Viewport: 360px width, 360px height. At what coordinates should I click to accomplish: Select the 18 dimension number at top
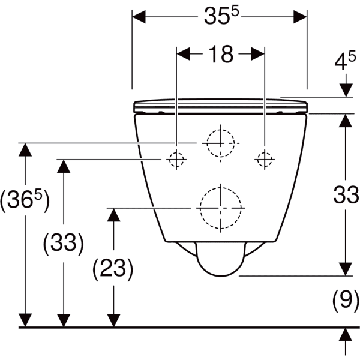[220, 54]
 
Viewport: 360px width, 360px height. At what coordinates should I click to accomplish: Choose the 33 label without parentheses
[346, 194]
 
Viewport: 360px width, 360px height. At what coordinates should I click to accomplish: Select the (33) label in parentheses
[63, 243]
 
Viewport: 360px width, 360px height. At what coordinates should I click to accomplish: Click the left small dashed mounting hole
[176, 160]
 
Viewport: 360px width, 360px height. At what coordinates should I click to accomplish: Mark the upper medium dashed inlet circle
[220, 143]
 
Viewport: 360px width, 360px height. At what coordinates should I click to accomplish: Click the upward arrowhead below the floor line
[346, 335]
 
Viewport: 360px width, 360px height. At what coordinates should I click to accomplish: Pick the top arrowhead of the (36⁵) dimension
[24, 150]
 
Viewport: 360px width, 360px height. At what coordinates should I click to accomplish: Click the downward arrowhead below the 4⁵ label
[346, 89]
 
